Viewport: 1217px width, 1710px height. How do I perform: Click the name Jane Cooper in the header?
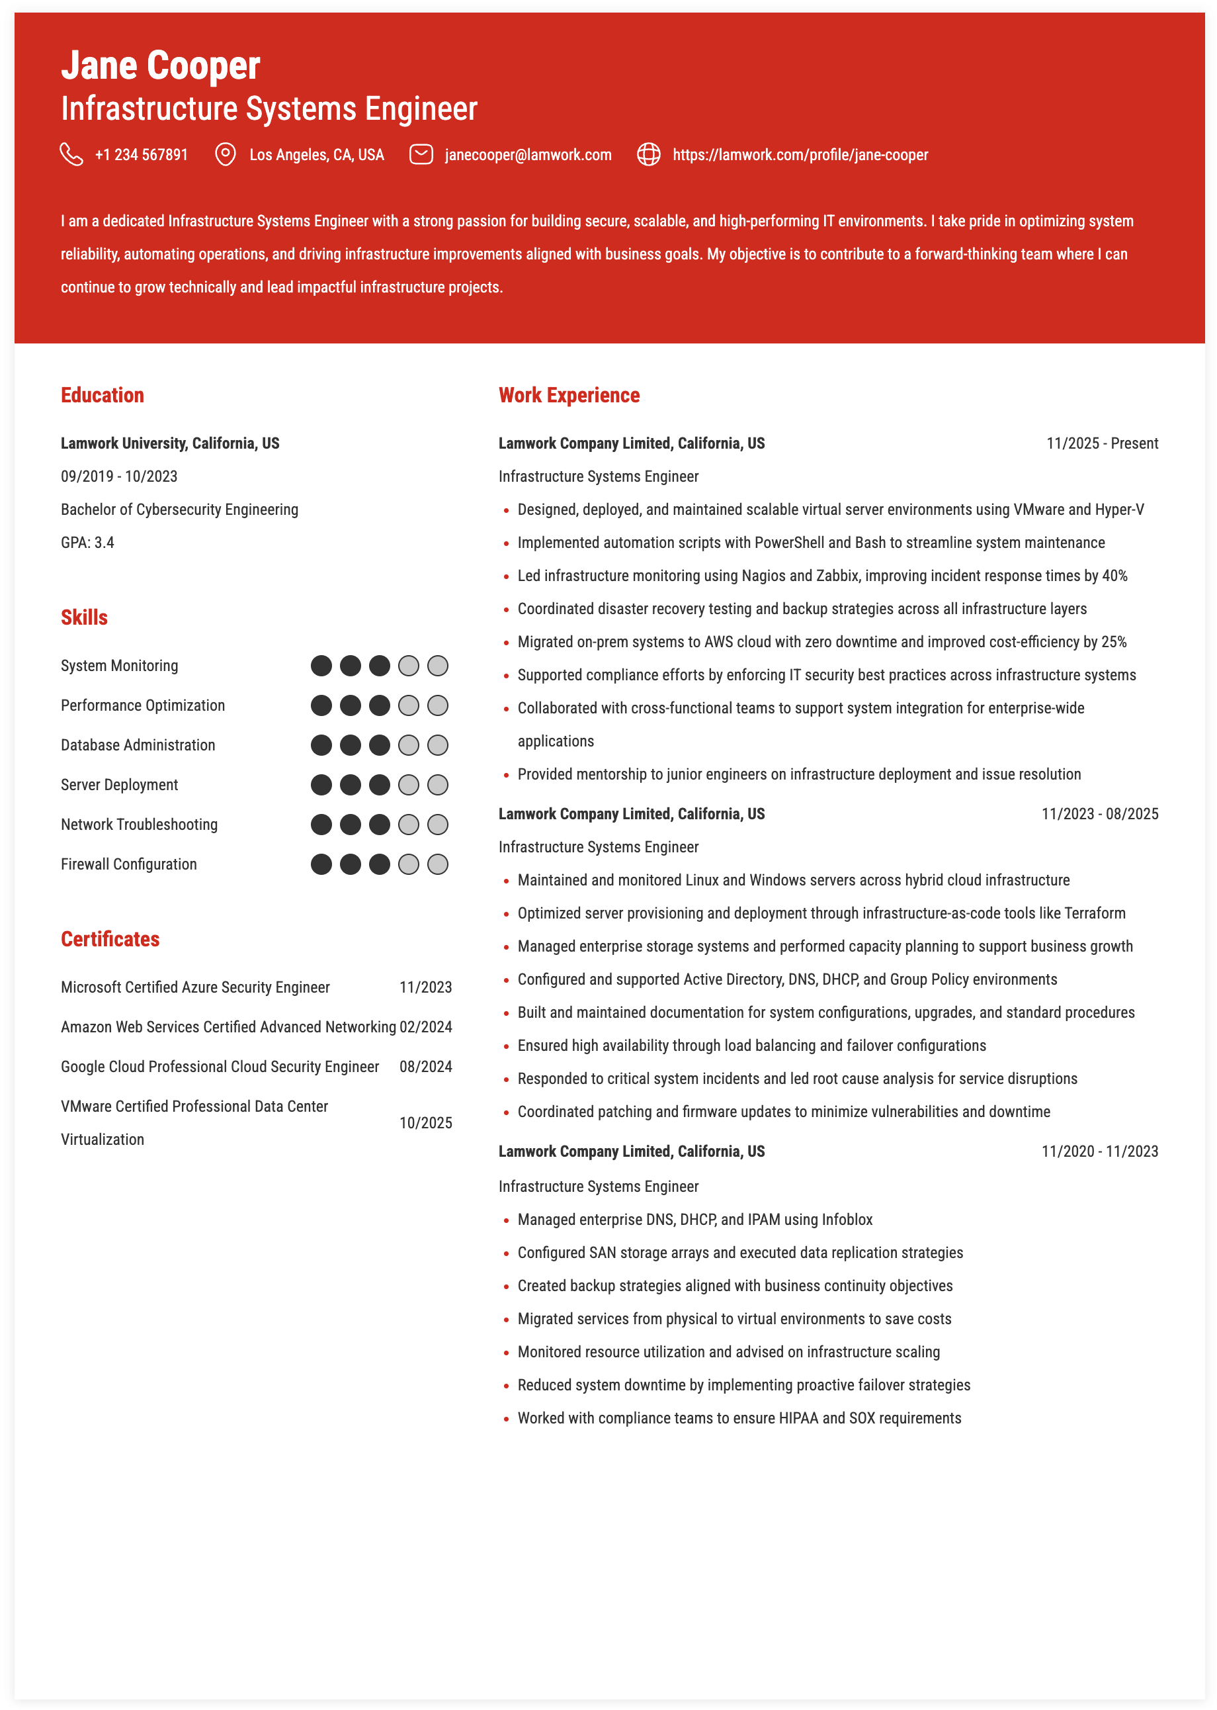160,66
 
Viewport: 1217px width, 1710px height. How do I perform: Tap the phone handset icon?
71,154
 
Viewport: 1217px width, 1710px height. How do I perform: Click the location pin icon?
225,154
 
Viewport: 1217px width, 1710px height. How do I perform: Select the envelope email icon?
421,154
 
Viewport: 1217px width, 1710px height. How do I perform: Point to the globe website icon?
648,154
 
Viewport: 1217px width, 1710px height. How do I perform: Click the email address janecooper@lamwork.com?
528,155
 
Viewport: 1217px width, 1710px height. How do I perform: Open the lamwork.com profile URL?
800,155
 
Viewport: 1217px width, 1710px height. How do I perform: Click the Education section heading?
102,395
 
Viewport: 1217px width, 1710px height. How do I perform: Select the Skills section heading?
84,617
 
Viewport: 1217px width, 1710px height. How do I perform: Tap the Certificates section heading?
110,939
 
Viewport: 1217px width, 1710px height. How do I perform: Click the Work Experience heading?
569,395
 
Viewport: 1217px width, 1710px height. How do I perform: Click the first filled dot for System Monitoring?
321,666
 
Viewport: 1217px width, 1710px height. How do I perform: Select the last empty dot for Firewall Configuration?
438,864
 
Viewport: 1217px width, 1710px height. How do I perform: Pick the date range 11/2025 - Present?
1102,444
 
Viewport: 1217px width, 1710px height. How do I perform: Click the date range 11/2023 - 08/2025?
1099,814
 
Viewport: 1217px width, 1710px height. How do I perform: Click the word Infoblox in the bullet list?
847,1220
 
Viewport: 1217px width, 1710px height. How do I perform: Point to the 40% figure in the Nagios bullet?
1114,576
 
